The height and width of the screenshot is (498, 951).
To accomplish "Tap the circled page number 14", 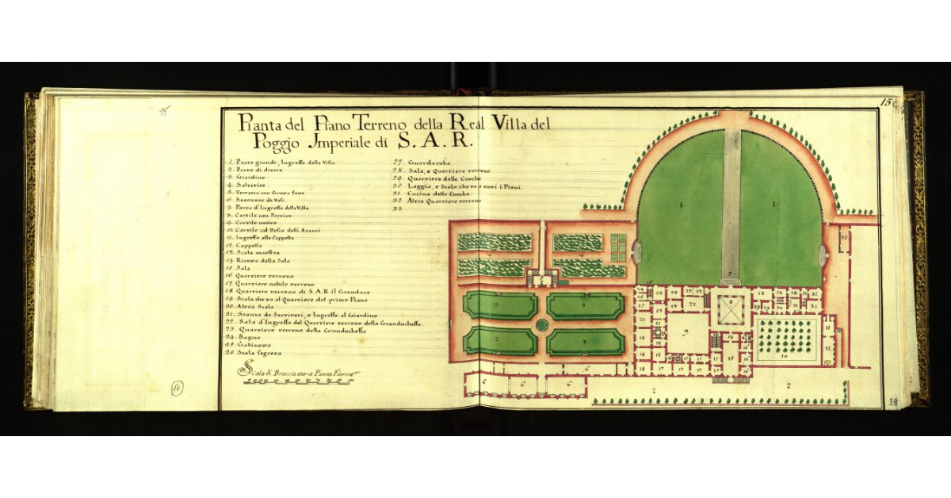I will [x=177, y=387].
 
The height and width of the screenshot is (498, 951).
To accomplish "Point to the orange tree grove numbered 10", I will [x=784, y=339].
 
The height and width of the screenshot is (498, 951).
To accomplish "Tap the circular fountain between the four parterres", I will [x=542, y=324].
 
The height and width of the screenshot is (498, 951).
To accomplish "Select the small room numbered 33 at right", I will [x=844, y=237].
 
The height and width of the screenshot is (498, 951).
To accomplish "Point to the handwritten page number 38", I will [x=892, y=402].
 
